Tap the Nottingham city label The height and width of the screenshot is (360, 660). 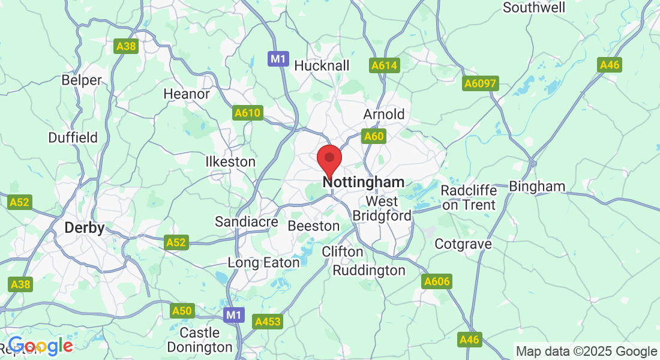364,182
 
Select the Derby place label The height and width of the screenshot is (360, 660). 85,228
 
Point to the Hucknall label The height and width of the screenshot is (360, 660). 322,65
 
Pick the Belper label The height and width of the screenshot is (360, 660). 82,80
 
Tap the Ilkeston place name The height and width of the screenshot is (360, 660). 230,162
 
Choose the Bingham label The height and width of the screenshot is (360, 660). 537,186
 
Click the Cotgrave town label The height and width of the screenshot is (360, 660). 463,244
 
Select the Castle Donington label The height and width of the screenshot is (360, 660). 200,340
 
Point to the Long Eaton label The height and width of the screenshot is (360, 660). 263,262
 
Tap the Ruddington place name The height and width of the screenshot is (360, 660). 369,270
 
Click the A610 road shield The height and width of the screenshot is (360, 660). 248,113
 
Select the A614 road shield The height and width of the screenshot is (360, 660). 385,65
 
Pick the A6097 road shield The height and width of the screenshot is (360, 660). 481,83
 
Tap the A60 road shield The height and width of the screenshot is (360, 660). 373,137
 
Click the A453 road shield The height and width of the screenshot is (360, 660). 268,322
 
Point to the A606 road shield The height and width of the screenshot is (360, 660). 437,281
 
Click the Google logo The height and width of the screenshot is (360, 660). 40,346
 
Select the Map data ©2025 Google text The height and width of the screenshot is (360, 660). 587,352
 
